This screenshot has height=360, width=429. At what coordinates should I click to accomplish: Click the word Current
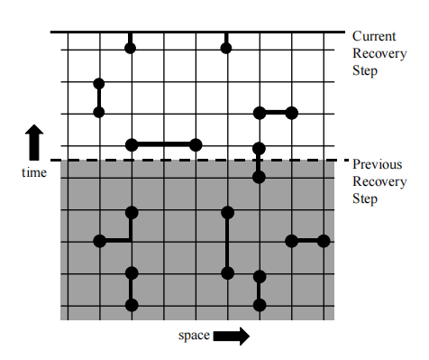coord(374,36)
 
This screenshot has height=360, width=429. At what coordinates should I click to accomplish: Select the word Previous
coord(377,164)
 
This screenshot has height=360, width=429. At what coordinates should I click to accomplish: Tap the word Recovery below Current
coord(379,53)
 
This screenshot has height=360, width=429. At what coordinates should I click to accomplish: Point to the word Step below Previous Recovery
coord(365,199)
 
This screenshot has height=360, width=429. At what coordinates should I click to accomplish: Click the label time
coord(34,172)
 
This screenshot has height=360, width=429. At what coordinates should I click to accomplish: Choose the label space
coord(194,336)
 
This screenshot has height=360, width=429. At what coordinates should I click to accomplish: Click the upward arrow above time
coord(34,143)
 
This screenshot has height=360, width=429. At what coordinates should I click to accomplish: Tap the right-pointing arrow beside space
coord(232,336)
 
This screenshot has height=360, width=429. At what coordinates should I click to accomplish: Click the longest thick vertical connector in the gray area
coord(227,243)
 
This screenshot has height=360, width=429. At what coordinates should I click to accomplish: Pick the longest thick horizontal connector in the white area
coord(163,145)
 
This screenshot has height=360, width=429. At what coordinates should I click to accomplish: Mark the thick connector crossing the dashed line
coord(259,162)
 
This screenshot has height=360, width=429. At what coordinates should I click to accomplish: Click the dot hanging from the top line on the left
coord(130,48)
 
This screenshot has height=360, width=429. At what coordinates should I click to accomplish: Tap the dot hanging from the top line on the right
coord(226,48)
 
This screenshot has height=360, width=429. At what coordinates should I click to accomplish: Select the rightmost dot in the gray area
coord(324,241)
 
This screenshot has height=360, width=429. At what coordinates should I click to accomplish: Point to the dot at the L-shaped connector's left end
coord(100,241)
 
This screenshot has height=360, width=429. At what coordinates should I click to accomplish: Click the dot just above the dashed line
coord(259,148)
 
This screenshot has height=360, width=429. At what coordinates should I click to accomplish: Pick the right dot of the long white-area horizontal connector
coord(196,145)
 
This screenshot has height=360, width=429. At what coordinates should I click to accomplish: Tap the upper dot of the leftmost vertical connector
coord(99,84)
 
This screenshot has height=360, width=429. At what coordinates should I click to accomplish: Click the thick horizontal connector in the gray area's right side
coord(307,241)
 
